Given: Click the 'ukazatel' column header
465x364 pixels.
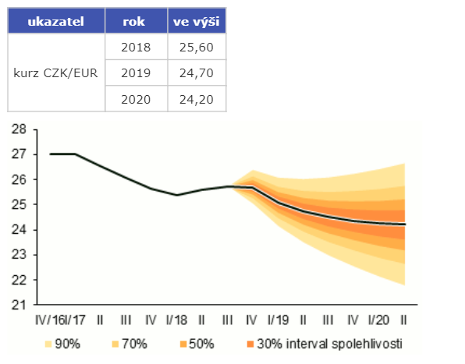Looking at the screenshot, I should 55,22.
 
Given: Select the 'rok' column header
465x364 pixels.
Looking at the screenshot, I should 133,22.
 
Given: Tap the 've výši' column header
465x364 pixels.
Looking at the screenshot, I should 197,22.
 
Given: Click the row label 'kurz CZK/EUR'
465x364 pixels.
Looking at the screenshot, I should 55,73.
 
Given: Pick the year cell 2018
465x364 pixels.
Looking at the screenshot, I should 136,47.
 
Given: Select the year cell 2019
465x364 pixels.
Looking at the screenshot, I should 136,73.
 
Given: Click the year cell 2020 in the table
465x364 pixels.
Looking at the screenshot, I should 136,100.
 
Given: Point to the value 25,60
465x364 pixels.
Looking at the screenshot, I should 197,47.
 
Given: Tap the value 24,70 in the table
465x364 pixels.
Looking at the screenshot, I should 197,73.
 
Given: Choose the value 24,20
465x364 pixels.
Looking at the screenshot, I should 197,100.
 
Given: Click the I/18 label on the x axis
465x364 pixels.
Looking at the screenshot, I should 176,320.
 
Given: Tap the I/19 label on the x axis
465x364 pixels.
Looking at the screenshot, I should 278,320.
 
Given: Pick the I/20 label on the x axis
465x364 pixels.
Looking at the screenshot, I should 378,320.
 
